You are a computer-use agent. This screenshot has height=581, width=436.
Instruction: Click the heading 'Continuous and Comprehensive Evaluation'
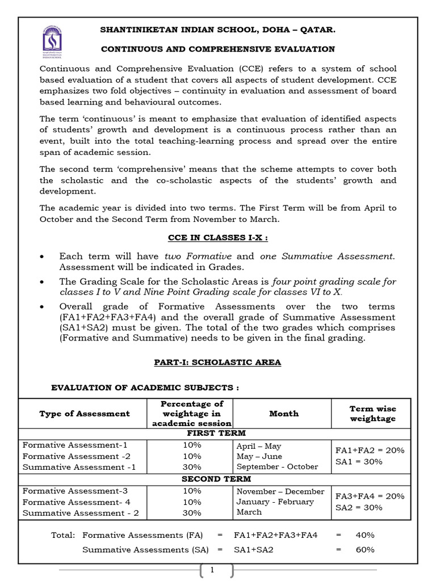[217, 49]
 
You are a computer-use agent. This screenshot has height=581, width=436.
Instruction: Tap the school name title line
[217, 30]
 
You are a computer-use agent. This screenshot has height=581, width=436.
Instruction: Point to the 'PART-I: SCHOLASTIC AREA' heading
[217, 362]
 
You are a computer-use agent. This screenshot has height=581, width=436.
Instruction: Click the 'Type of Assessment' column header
[84, 414]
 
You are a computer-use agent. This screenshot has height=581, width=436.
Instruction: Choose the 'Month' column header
[283, 414]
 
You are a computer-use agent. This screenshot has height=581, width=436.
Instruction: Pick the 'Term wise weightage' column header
[372, 414]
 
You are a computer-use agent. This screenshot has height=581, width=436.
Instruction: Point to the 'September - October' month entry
[277, 467]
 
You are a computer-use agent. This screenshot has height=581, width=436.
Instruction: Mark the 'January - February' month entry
[275, 502]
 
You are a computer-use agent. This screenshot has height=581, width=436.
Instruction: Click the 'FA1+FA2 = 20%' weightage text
[370, 451]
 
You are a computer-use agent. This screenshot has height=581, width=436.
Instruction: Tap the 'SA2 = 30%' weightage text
[359, 507]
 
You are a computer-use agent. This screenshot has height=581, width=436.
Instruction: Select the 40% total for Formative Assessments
[364, 534]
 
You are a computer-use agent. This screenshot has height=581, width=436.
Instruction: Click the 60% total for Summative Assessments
[364, 549]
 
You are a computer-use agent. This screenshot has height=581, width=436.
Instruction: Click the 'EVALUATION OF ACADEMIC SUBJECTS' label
[145, 388]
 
